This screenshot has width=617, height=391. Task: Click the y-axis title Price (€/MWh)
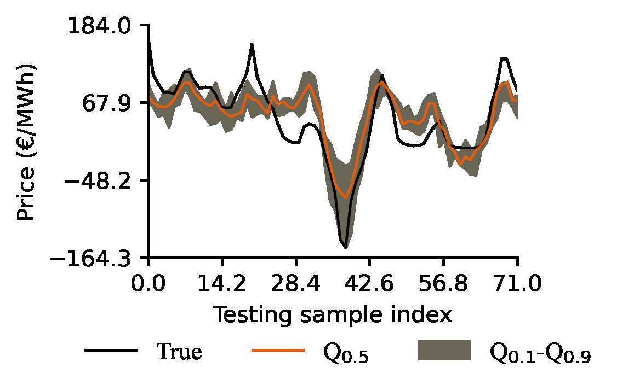26,142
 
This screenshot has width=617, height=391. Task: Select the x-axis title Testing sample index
333,316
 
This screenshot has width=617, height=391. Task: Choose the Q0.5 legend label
346,354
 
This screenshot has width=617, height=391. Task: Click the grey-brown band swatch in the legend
444,350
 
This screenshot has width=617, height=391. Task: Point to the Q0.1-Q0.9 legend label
540,354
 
